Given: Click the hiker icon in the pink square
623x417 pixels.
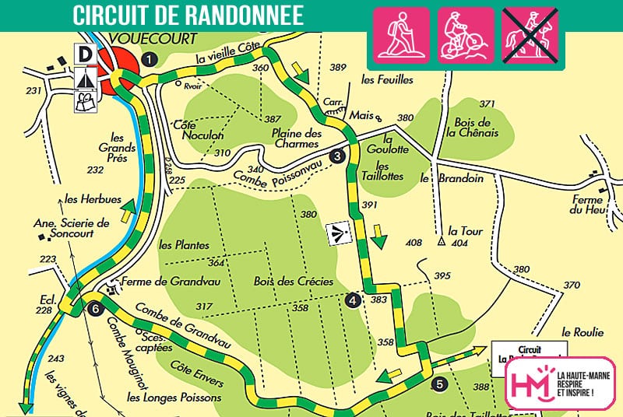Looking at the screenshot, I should (x=403, y=35).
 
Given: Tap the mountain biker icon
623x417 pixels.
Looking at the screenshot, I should (x=466, y=35).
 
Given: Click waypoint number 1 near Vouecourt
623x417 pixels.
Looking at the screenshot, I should (x=150, y=57).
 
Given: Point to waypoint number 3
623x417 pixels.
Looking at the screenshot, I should (x=337, y=156).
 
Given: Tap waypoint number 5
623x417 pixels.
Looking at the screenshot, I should (x=440, y=383).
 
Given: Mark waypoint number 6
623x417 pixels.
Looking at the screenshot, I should (x=95, y=307).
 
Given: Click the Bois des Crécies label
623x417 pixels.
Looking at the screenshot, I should (x=294, y=281).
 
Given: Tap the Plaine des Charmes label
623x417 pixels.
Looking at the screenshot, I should (x=297, y=138).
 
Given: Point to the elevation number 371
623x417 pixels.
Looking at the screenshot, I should (x=487, y=103).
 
